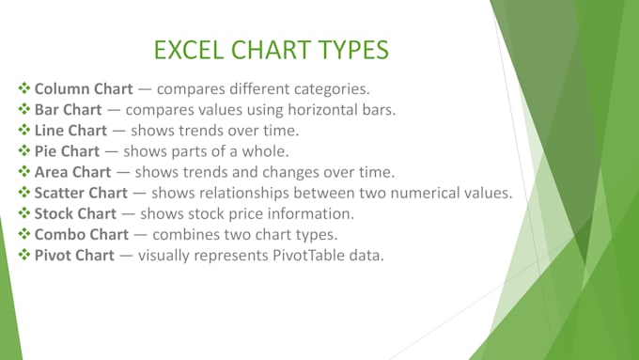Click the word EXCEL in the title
pos(189,50)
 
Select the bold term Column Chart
pos(84,89)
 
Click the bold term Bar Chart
pos(68,110)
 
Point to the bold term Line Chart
pos(70,131)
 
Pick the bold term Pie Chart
pos(67,151)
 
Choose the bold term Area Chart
pos(72,172)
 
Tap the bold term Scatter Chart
pos(81,193)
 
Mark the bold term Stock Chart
pos(75,213)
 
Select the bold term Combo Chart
pos(82,234)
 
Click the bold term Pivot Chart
pos(74,256)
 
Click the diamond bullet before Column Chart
pos(24,88)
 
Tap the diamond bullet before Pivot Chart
pos(24,255)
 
